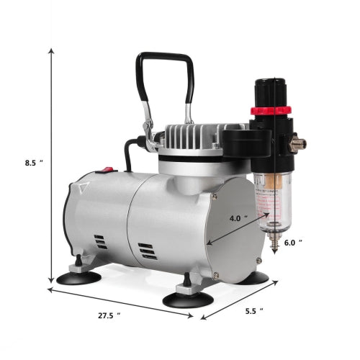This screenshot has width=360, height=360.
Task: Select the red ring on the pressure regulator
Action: coord(267,111)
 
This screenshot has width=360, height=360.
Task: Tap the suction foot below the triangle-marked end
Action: coord(78,276)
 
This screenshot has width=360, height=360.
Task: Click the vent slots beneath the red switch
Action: coord(100,241)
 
